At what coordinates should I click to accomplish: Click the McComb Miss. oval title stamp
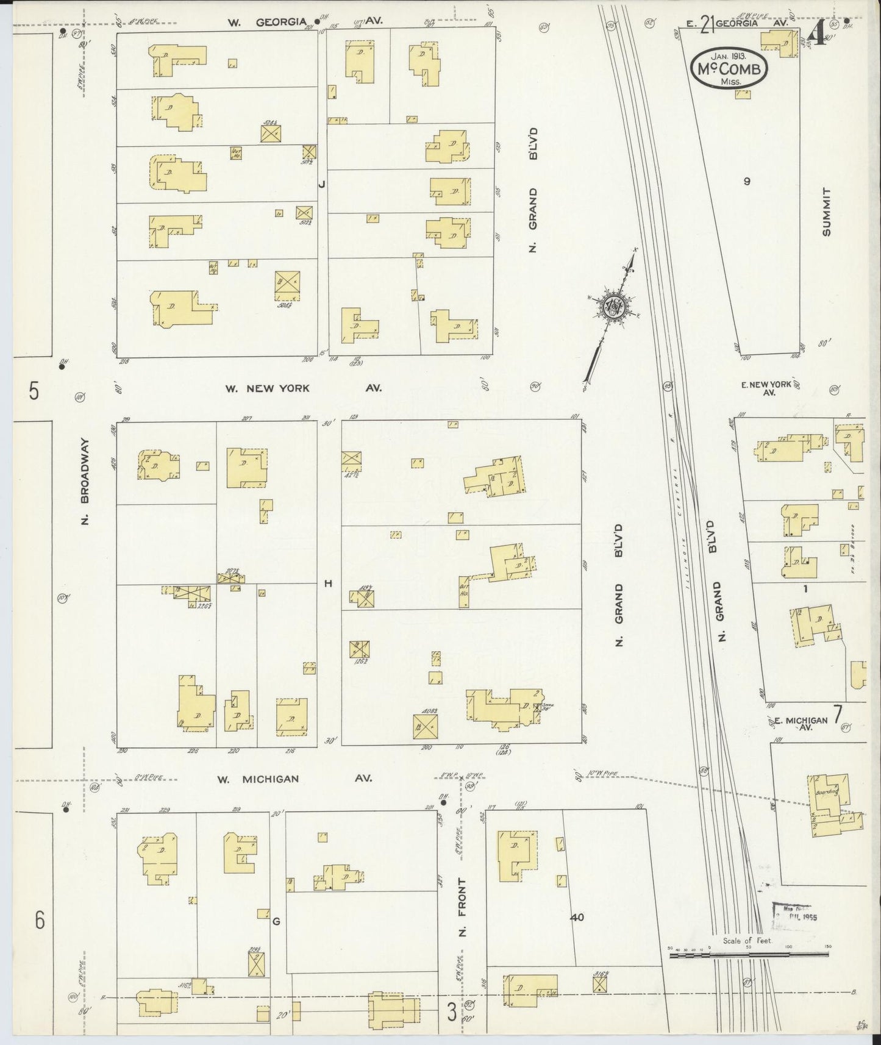coord(729,68)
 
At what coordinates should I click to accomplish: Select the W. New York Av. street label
coord(303,388)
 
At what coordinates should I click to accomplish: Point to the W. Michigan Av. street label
coord(294,779)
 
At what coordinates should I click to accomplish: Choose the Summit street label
coord(826,212)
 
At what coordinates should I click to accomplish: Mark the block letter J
coord(322,184)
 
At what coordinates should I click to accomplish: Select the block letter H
coord(328,583)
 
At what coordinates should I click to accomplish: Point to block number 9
coord(746,181)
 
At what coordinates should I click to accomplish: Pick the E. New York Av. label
coord(766,388)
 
